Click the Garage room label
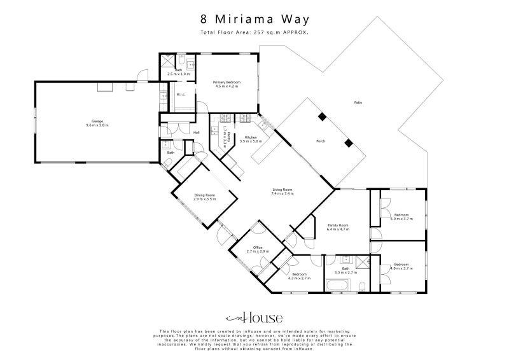tap(97, 121)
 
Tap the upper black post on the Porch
tap(323, 116)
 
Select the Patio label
tap(358, 102)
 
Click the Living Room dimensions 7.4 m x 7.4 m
tap(282, 193)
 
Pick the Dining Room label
tap(205, 195)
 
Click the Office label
tap(258, 247)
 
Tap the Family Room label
tap(338, 225)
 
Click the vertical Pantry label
tap(225, 136)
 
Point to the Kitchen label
tap(251, 137)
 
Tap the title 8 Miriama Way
tap(254, 20)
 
